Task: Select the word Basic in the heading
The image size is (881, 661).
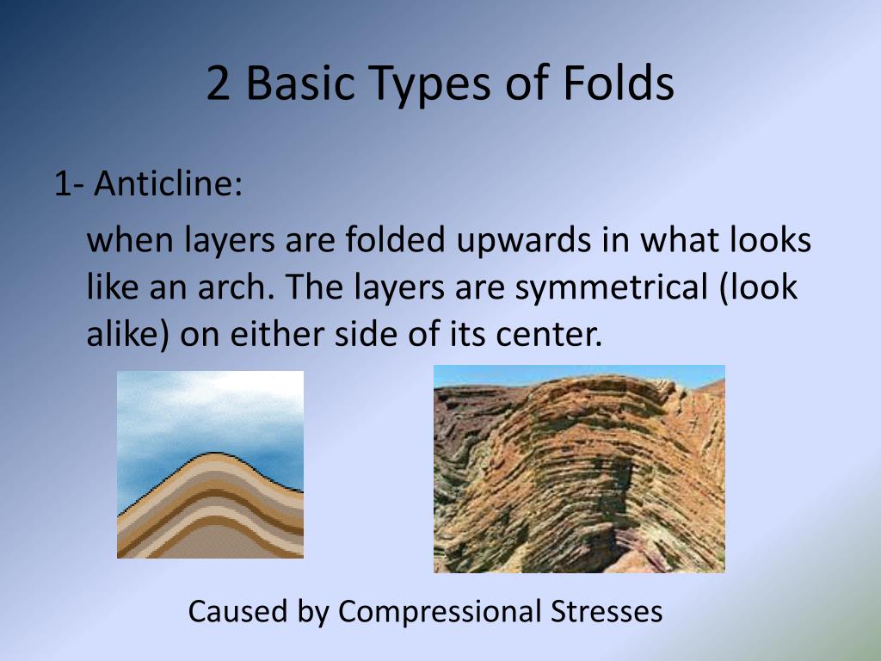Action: click(297, 85)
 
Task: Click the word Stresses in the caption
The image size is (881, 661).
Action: click(606, 611)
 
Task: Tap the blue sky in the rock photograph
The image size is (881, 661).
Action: click(482, 375)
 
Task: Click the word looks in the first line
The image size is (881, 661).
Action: click(770, 240)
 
